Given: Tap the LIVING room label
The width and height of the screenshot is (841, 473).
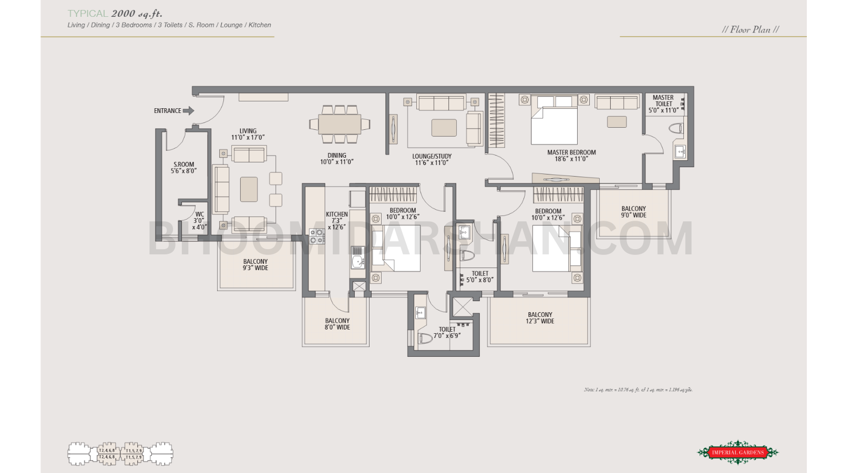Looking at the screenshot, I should (248, 134).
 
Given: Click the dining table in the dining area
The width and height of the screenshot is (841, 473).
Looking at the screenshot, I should (340, 125).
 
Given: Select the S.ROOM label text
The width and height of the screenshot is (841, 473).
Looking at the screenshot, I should (183, 168).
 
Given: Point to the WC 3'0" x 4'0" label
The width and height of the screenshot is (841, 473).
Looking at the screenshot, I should (199, 221).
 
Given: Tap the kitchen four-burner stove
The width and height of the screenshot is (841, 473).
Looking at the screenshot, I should (316, 236).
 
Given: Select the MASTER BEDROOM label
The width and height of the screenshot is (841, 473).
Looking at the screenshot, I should (571, 156).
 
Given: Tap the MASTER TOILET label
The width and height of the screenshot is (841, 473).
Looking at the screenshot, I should (663, 104).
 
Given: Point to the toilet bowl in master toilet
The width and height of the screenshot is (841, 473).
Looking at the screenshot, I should (676, 128).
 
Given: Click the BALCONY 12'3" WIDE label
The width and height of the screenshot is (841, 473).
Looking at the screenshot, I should (540, 318).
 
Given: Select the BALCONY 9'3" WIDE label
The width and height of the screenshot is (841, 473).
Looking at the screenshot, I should (255, 264).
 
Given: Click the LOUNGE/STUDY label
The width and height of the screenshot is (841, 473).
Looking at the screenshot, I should (432, 159).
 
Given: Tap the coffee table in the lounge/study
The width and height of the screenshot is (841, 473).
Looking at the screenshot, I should (444, 128).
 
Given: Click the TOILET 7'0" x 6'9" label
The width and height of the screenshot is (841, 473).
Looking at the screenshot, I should (447, 332).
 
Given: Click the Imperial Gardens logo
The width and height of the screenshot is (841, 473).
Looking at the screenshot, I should (737, 452).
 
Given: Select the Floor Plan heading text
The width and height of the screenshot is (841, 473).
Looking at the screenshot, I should (750, 30).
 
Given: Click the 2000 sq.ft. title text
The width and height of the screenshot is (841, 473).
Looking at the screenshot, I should (137, 14).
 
